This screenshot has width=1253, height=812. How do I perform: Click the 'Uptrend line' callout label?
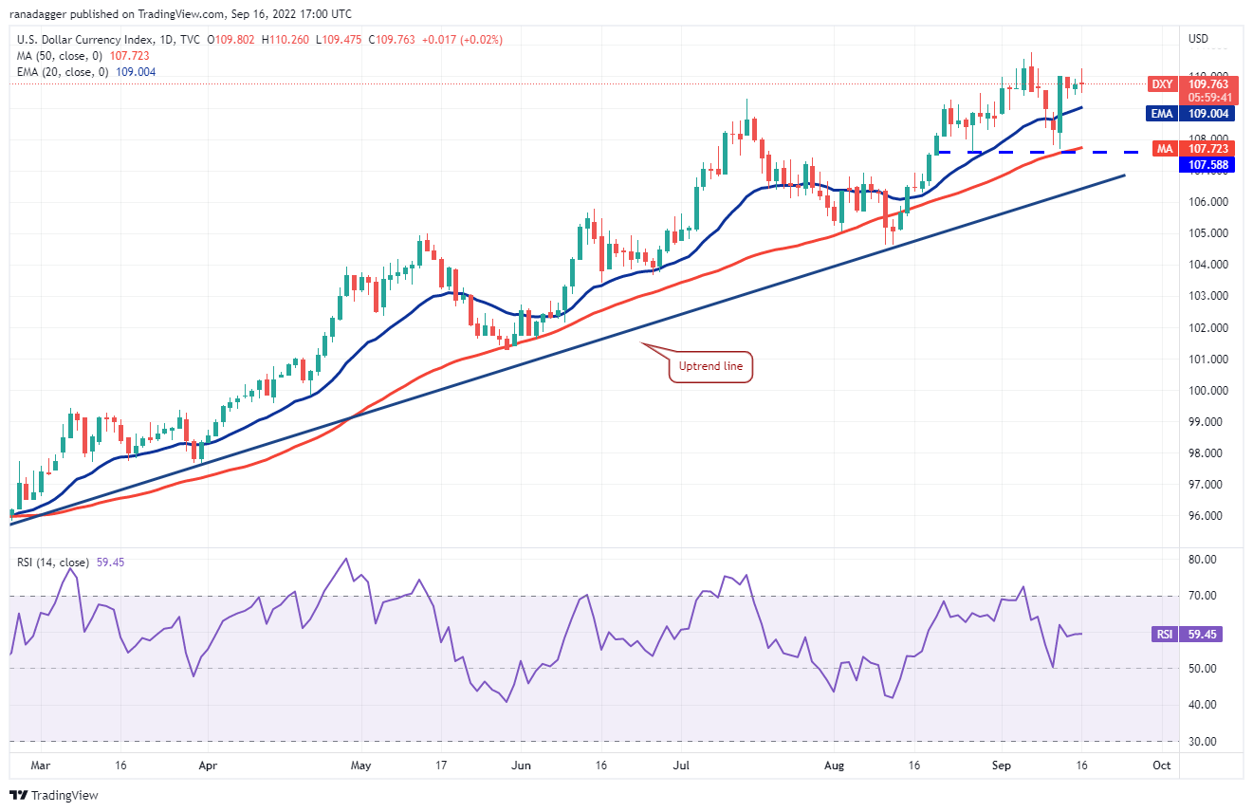click(710, 366)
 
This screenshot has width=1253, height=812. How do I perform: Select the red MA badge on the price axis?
click(1163, 149)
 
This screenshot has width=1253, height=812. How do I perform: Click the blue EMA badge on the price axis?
click(1162, 114)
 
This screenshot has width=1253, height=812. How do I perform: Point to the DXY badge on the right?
click(1162, 84)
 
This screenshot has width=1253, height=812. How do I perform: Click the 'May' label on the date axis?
click(360, 764)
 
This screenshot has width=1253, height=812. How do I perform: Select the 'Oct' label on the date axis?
click(1162, 764)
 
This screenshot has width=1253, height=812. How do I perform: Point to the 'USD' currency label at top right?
click(1199, 39)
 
